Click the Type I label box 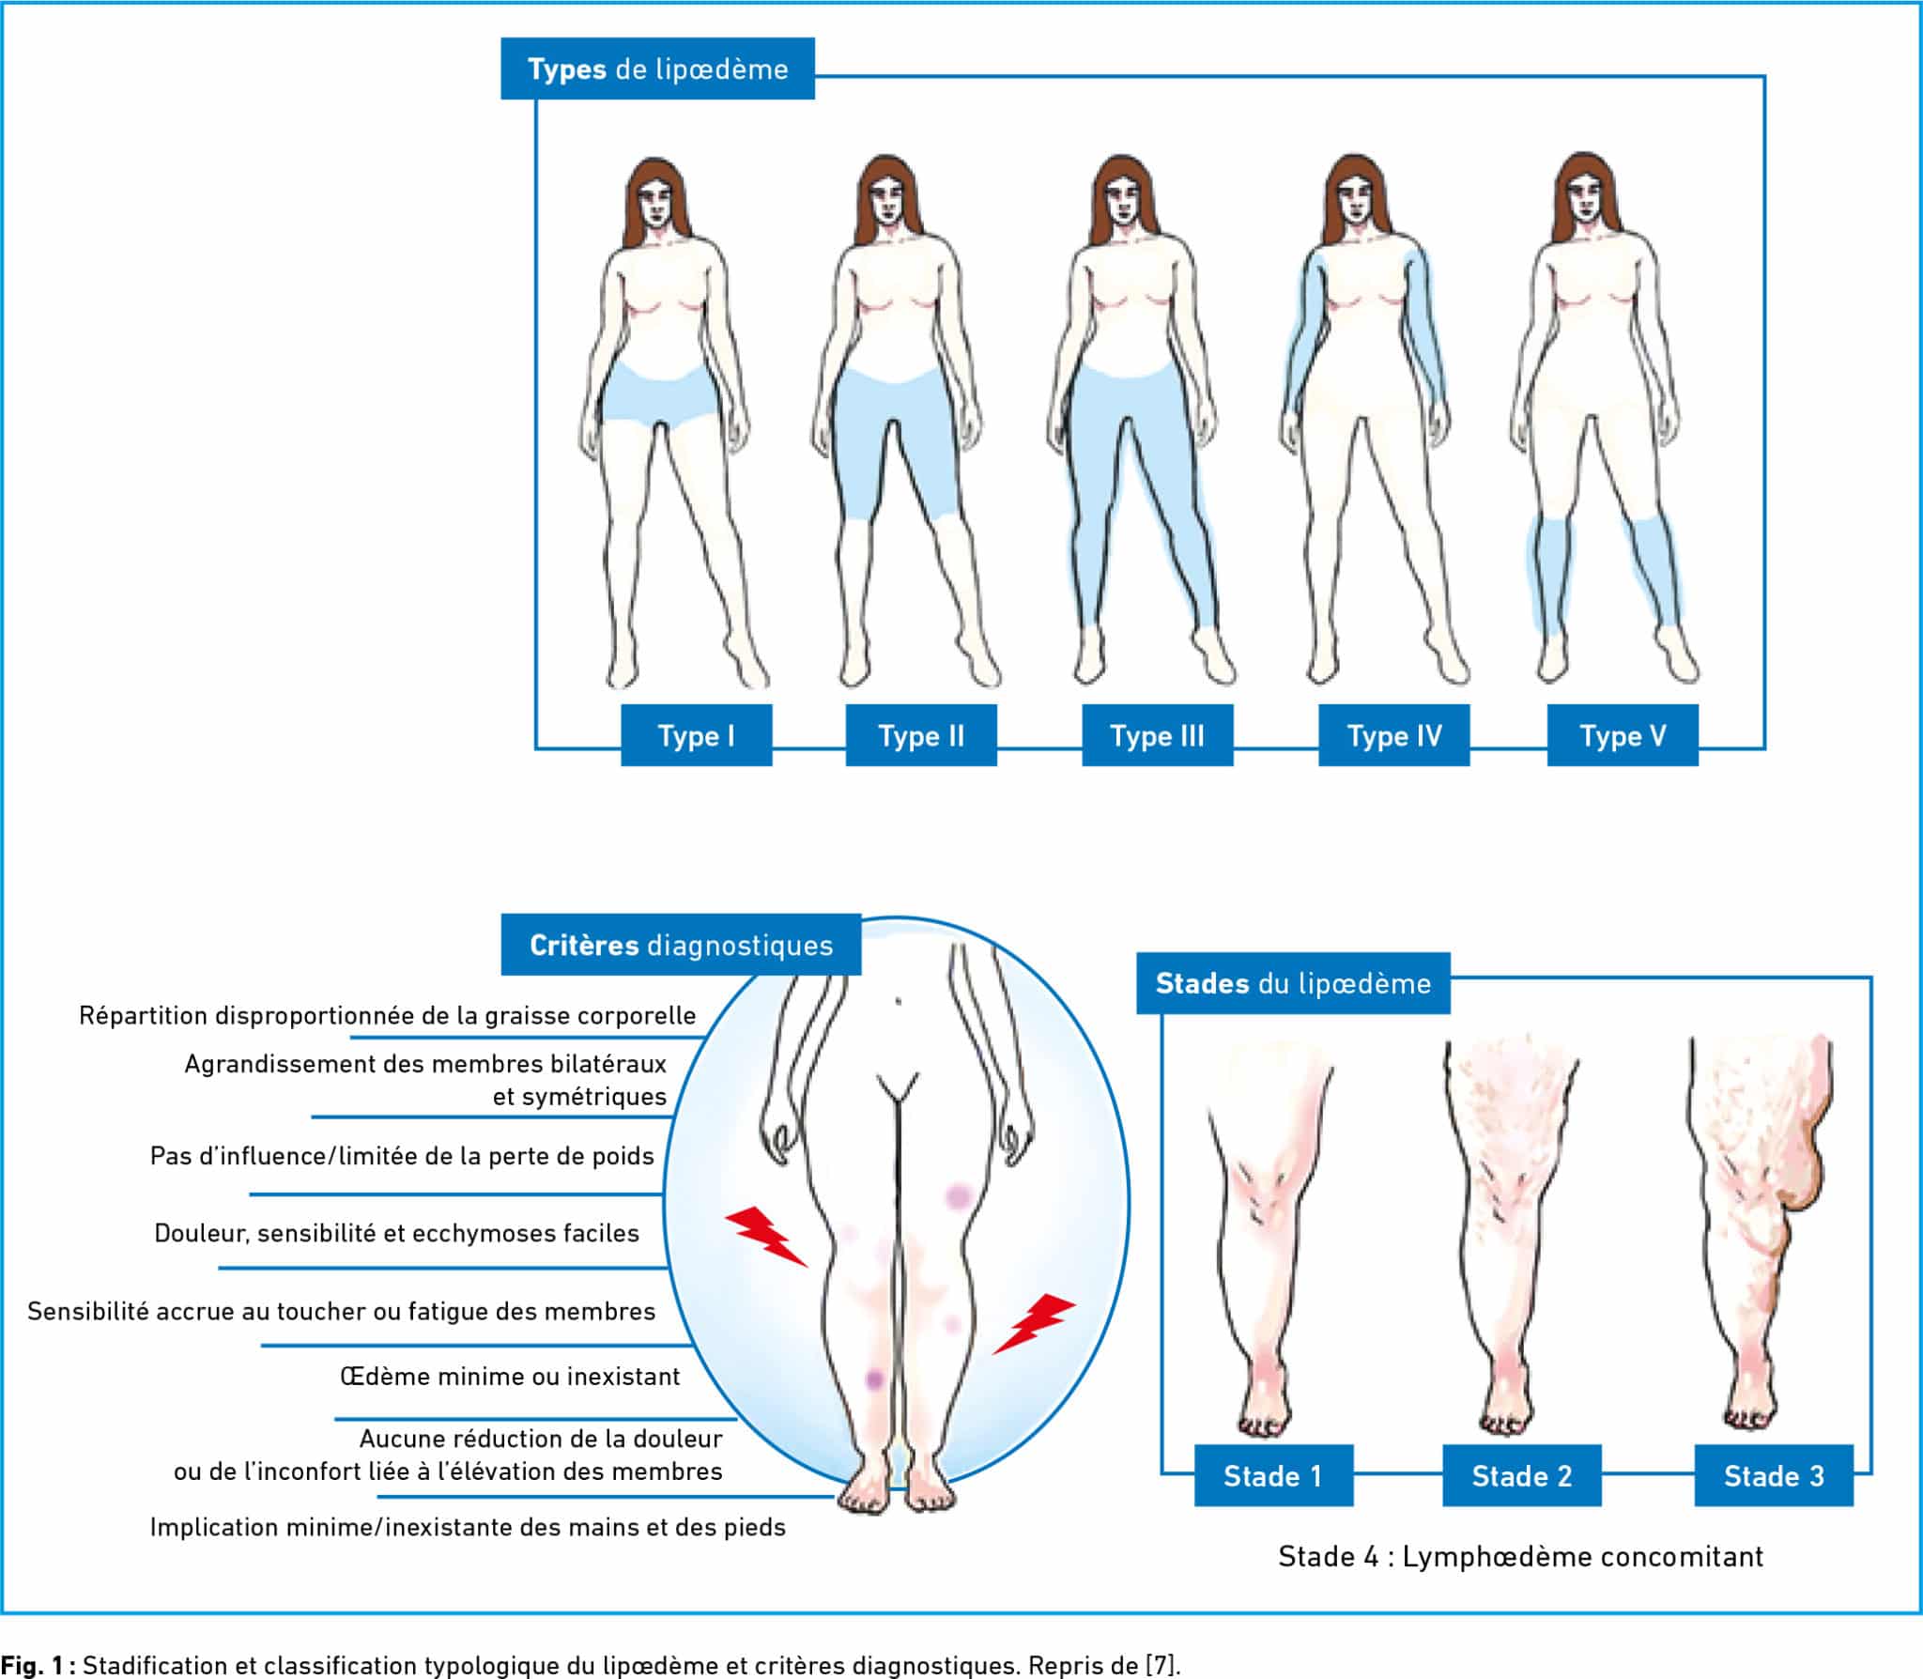696,735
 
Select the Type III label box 1157,735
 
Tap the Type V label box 1623,735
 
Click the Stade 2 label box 1521,1475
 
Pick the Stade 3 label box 1774,1475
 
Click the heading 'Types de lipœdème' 657,69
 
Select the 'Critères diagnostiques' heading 681,945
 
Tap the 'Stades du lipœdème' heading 1293,983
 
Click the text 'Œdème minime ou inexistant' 510,1377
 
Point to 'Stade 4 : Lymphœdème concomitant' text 1520,1557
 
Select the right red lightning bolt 1034,1322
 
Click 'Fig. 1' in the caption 36,1665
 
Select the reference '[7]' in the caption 1161,1665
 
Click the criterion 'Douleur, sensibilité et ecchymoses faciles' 396,1233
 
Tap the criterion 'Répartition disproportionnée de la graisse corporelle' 387,1015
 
